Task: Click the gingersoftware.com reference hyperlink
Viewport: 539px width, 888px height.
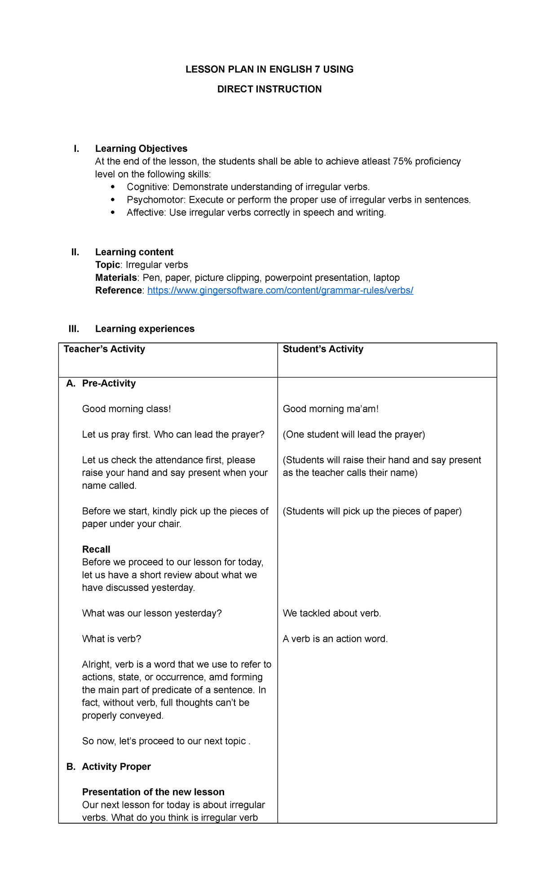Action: pos(280,290)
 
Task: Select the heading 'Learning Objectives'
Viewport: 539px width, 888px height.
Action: pos(141,149)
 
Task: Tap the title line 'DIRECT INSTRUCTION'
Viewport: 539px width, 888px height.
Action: pos(269,89)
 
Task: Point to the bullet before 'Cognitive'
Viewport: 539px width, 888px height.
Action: pos(112,187)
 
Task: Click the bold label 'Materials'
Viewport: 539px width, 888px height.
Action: pos(115,278)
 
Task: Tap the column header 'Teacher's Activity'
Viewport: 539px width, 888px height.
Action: pos(104,349)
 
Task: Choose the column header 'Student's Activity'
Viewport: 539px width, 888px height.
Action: pos(323,349)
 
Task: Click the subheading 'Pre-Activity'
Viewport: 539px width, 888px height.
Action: pos(109,383)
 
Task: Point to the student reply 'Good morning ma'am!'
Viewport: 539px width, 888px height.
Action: pos(331,409)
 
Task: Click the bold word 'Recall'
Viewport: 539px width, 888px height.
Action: pos(96,549)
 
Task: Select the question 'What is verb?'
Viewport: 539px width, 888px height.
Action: pos(111,639)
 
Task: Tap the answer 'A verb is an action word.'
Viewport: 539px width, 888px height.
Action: pos(335,639)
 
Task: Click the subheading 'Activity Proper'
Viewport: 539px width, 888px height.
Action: pos(116,766)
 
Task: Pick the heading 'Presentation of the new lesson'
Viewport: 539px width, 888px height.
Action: pos(153,792)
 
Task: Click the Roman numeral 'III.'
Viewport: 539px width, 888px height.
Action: pos(74,329)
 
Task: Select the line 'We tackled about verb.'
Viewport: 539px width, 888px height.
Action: pos(331,613)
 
